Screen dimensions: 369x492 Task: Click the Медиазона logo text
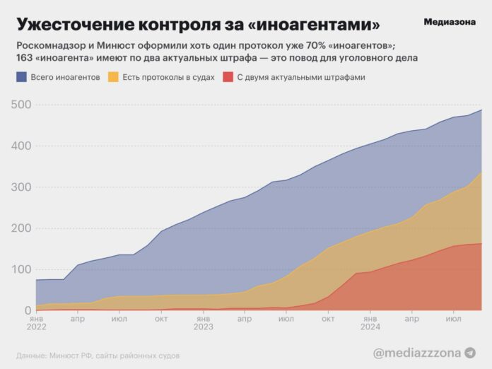coord(450,22)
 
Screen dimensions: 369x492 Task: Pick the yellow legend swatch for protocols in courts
coord(112,76)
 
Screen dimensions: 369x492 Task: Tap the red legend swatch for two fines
coord(227,76)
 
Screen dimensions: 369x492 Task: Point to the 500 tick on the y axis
coord(23,105)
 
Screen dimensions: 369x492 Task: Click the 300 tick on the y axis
coord(23,187)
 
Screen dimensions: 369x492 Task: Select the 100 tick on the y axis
coord(23,269)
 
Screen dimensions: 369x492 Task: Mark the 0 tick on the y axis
coord(28,310)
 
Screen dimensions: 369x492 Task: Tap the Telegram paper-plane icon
coord(469,352)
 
